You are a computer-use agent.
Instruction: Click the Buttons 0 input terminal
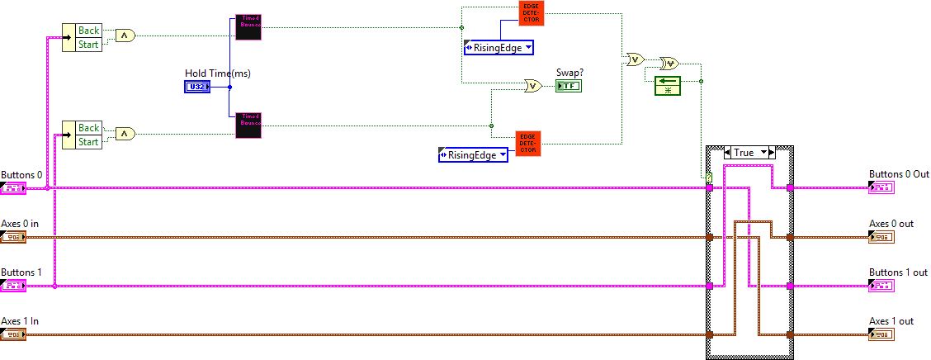[x=14, y=188]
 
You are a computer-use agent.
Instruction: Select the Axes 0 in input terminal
[x=14, y=238]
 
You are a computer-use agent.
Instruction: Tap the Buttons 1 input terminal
[x=14, y=286]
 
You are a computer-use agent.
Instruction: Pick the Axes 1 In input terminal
[x=14, y=334]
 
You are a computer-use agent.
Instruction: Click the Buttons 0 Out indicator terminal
[x=881, y=188]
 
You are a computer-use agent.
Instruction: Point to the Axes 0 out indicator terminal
[x=881, y=238]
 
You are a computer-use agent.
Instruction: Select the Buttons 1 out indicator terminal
[x=881, y=286]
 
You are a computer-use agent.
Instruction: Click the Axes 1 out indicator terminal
[x=881, y=334]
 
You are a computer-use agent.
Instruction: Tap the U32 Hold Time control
[x=197, y=87]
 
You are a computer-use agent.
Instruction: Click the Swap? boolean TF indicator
[x=569, y=85]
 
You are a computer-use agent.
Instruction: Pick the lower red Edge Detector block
[x=527, y=143]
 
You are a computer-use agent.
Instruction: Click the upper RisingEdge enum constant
[x=499, y=48]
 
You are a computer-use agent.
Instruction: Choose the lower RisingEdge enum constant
[x=473, y=154]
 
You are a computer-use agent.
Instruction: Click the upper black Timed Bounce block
[x=248, y=26]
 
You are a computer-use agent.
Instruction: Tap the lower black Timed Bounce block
[x=248, y=125]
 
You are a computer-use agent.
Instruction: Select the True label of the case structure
[x=744, y=153]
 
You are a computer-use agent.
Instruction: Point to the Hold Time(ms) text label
[x=218, y=73]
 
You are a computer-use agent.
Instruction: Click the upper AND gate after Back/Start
[x=125, y=36]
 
